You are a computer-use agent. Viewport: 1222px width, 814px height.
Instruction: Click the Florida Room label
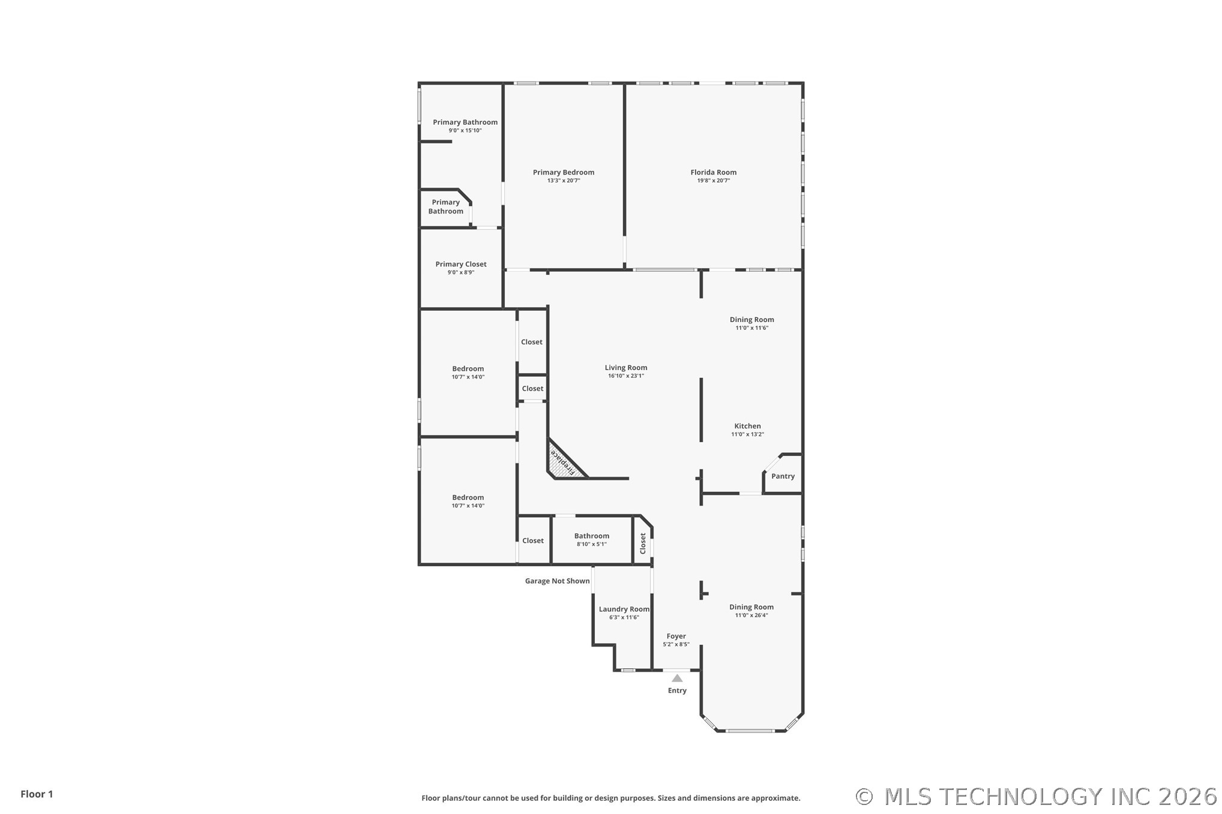pyautogui.click(x=713, y=172)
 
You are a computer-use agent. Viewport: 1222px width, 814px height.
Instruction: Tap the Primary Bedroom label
pyautogui.click(x=564, y=172)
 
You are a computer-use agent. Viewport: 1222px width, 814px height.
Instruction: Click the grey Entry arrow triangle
pyautogui.click(x=677, y=678)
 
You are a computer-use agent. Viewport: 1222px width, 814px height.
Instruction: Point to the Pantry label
pyautogui.click(x=783, y=476)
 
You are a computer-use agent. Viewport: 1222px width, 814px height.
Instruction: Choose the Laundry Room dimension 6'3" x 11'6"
pyautogui.click(x=624, y=617)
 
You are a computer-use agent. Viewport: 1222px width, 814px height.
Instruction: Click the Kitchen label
pyautogui.click(x=747, y=426)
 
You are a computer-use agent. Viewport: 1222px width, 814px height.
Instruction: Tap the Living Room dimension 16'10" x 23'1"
pyautogui.click(x=626, y=376)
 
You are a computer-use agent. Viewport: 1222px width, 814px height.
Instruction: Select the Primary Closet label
pyautogui.click(x=461, y=264)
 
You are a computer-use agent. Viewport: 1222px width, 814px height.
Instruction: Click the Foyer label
pyautogui.click(x=676, y=636)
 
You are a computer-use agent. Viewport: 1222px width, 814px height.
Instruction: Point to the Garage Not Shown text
pyautogui.click(x=557, y=581)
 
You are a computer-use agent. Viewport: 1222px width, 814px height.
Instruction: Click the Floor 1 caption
pyautogui.click(x=37, y=794)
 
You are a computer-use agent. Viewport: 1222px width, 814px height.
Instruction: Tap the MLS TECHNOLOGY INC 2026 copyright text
pyautogui.click(x=1037, y=797)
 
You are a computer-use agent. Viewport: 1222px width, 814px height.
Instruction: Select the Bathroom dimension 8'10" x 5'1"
pyautogui.click(x=592, y=544)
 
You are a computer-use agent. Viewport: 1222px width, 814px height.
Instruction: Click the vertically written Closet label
pyautogui.click(x=643, y=543)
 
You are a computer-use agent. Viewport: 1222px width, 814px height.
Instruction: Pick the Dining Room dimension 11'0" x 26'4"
pyautogui.click(x=751, y=615)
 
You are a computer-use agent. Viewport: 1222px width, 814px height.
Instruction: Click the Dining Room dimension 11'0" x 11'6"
pyautogui.click(x=752, y=328)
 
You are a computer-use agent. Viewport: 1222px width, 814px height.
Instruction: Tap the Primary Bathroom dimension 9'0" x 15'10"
pyautogui.click(x=465, y=130)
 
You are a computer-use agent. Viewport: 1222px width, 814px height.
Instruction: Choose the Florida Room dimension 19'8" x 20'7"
pyautogui.click(x=714, y=181)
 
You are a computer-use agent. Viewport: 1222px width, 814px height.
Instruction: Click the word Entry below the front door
pyautogui.click(x=677, y=690)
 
